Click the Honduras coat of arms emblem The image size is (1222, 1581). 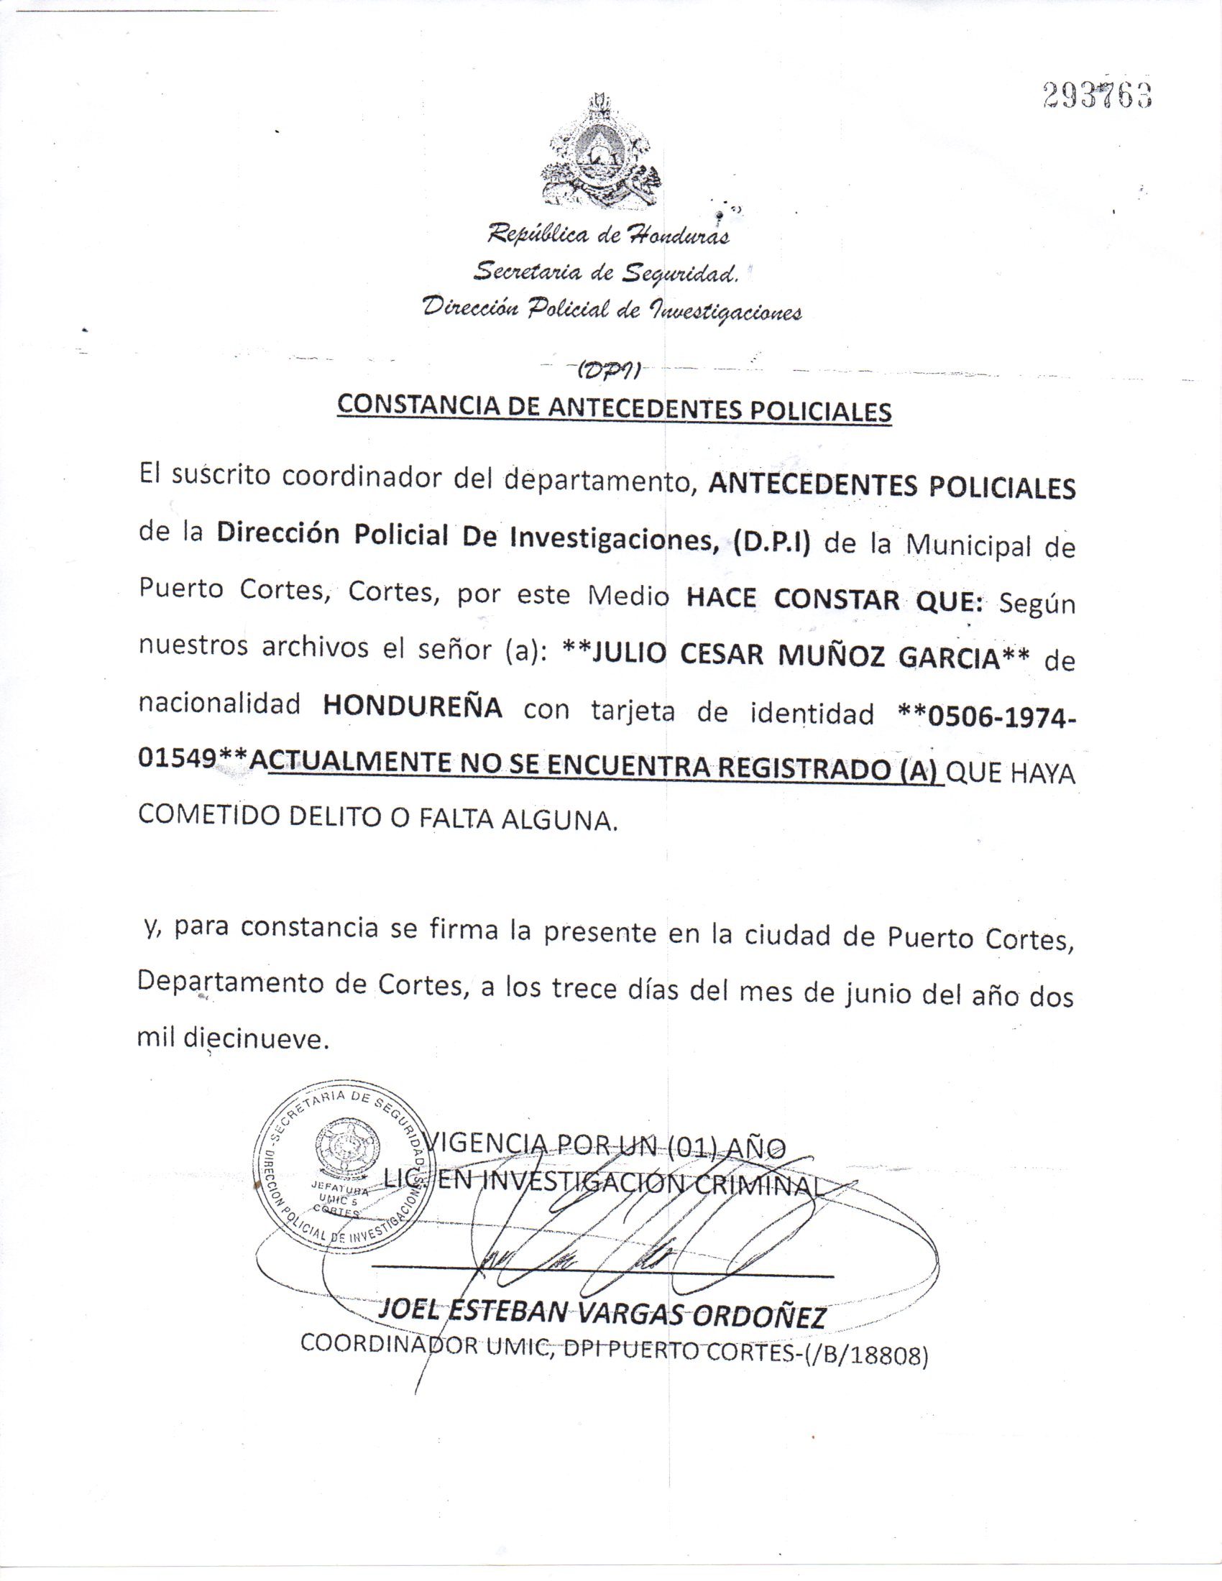click(x=600, y=153)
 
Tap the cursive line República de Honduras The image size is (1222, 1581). click(x=607, y=234)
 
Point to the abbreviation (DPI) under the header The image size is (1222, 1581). click(x=607, y=371)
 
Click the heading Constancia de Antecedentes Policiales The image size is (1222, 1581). click(x=614, y=408)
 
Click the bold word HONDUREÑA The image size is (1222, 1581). click(x=412, y=706)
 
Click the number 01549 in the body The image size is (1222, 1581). click(x=177, y=758)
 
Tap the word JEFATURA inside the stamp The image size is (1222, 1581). click(x=339, y=1188)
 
